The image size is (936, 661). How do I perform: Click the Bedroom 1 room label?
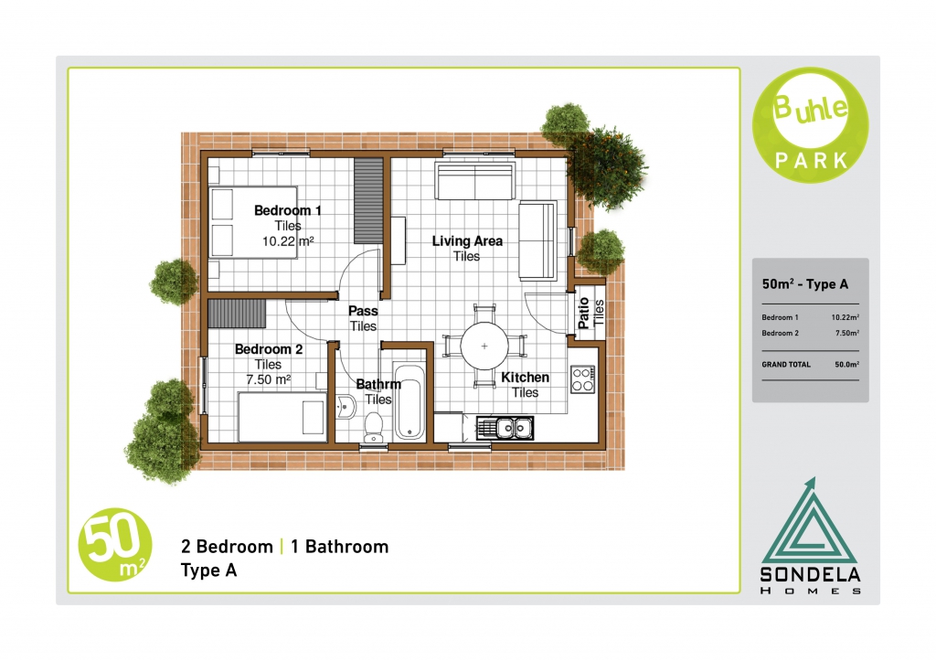pyautogui.click(x=288, y=210)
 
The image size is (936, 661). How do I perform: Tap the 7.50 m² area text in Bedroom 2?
pyautogui.click(x=269, y=379)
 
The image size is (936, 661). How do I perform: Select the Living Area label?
pyautogui.click(x=467, y=240)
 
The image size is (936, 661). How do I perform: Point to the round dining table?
pyautogui.click(x=484, y=346)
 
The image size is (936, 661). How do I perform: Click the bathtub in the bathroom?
pyautogui.click(x=409, y=400)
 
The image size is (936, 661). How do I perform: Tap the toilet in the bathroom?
pyautogui.click(x=374, y=427)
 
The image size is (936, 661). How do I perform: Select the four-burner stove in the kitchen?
pyautogui.click(x=582, y=379)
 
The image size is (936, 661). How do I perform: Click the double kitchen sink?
pyautogui.click(x=505, y=428)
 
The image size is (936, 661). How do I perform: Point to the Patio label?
pyautogui.click(x=584, y=314)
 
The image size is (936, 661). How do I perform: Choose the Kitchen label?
pyautogui.click(x=526, y=378)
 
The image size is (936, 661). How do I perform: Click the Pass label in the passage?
pyautogui.click(x=363, y=311)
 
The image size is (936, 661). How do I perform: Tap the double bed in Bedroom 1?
pyautogui.click(x=252, y=222)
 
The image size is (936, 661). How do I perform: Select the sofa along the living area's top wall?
pyautogui.click(x=475, y=180)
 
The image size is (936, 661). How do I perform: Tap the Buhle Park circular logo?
pyautogui.click(x=810, y=125)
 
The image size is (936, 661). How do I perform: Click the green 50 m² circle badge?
pyautogui.click(x=115, y=545)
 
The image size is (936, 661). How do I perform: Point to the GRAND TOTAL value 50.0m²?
pyautogui.click(x=847, y=364)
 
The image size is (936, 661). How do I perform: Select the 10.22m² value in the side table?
pyautogui.click(x=846, y=317)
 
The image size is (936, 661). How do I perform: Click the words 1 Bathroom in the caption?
pyautogui.click(x=340, y=547)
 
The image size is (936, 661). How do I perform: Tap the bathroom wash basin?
pyautogui.click(x=345, y=407)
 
